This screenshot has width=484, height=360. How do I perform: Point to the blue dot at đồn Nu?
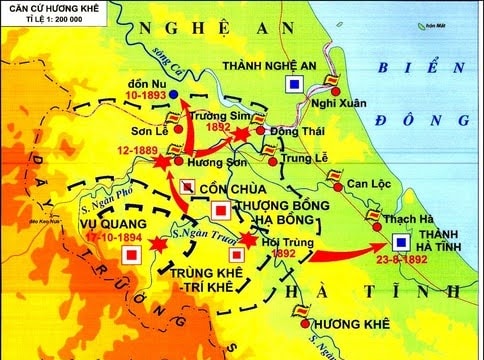click(x=174, y=94)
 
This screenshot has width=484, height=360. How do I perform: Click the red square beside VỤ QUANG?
click(x=130, y=255)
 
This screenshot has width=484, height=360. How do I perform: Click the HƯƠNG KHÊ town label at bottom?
click(x=345, y=325)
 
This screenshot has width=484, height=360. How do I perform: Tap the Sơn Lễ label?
click(x=147, y=130)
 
